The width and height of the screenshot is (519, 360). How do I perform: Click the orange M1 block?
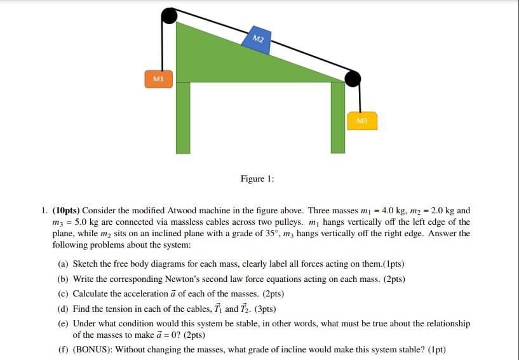pyautogui.click(x=158, y=79)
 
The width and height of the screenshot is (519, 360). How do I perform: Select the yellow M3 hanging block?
pyautogui.click(x=362, y=121)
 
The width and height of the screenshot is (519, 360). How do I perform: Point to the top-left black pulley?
pyautogui.click(x=170, y=15)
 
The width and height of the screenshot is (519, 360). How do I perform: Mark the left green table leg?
pyautogui.click(x=183, y=117)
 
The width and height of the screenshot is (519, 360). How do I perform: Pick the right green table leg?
pyautogui.click(x=338, y=117)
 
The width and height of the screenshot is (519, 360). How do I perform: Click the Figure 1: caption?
pyautogui.click(x=257, y=179)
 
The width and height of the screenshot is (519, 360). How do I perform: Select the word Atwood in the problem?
pyautogui.click(x=186, y=211)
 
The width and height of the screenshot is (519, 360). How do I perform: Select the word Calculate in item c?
pyautogui.click(x=92, y=294)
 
